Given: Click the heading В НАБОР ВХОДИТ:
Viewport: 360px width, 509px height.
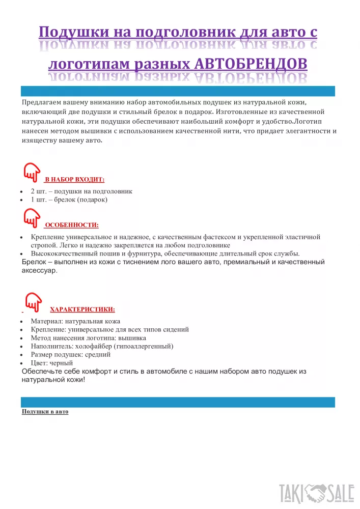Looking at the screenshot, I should [74, 180].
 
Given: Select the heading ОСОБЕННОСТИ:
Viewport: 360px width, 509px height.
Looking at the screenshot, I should [72, 224].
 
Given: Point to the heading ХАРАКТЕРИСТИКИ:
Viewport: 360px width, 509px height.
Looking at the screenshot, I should [82, 309].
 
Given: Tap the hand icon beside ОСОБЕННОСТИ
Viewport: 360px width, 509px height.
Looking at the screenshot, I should [32, 218].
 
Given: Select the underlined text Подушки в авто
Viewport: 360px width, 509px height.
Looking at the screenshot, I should [45, 411].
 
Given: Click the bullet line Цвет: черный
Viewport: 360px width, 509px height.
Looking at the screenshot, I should [52, 363].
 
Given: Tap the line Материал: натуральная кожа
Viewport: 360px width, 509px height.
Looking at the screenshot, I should [75, 321].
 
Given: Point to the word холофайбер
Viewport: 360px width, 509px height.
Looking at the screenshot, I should [95, 346].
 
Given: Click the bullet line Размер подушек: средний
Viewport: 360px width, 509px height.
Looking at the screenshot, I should [71, 355].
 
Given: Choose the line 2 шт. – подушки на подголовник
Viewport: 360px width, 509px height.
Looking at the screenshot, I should [81, 191].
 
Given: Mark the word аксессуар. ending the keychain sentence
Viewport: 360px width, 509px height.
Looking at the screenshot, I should [40, 271].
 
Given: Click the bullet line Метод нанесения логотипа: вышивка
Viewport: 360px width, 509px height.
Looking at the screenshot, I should [88, 338].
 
